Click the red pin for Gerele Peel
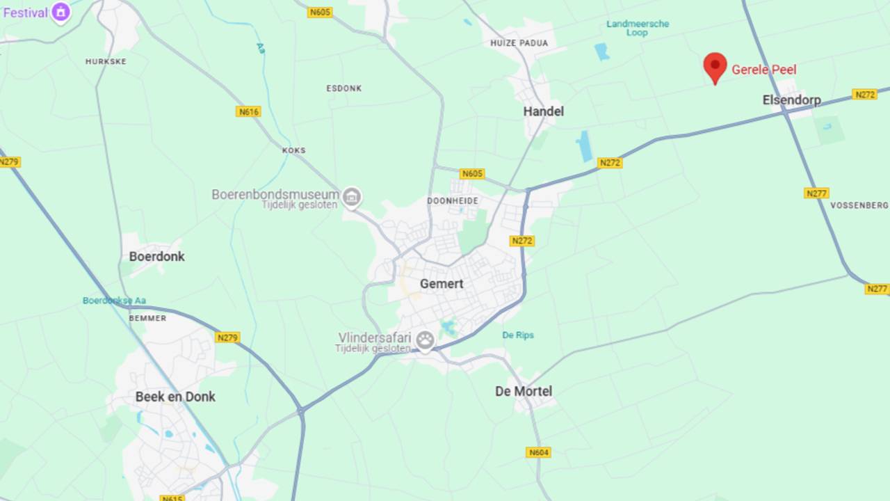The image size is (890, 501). tap(715, 67)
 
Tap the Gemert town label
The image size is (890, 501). tap(442, 284)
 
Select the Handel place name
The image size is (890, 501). tap(543, 111)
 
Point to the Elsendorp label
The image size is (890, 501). tap(791, 100)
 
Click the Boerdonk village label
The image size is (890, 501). tap(156, 257)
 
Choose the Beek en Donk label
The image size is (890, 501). tap(175, 397)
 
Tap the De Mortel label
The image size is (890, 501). tap(524, 392)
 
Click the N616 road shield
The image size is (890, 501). tap(248, 111)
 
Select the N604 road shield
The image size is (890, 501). tap(538, 452)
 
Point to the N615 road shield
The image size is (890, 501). tap(172, 498)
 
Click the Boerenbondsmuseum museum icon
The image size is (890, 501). tap(353, 197)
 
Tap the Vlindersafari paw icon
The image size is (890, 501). tap(425, 340)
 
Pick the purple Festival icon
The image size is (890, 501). tap(61, 12)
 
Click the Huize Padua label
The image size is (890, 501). tap(519, 43)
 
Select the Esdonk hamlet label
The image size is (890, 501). tap(343, 88)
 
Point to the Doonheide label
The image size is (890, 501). tap(453, 201)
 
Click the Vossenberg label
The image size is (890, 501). tap(859, 205)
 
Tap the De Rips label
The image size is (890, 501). tap(518, 335)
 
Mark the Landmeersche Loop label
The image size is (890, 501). tap(638, 28)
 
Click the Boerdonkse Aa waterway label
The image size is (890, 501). tap(114, 301)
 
